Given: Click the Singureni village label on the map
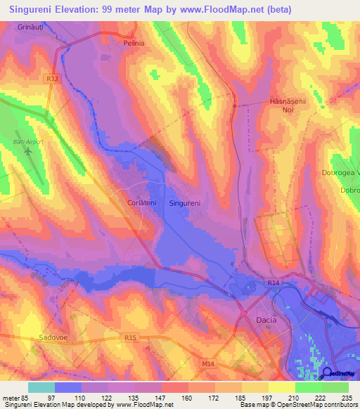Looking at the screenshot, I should click(186, 203).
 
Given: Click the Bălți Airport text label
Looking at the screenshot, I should click(28, 141).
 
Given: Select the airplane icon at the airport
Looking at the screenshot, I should click(28, 151).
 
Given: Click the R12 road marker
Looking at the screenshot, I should click(55, 80).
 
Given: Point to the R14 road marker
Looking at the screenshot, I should click(274, 283).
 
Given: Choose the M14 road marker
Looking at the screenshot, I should click(206, 363).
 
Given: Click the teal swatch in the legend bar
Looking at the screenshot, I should click(41, 387).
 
